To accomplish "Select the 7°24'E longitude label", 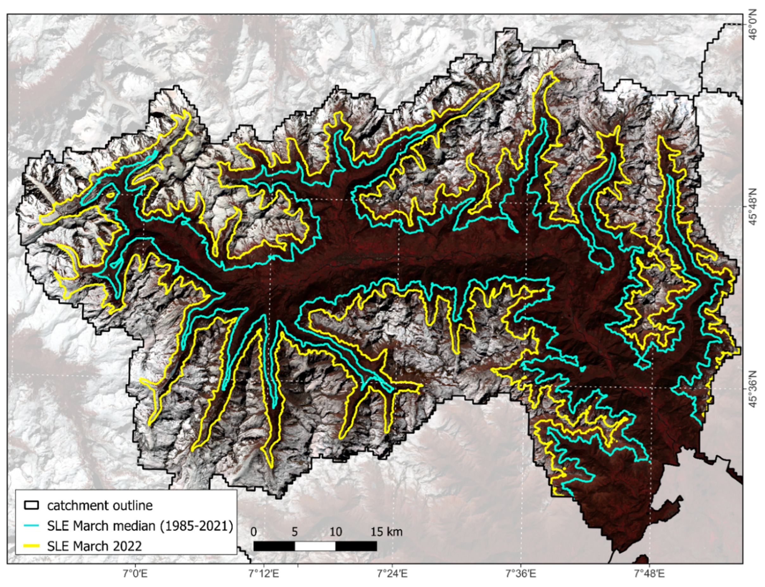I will (x=392, y=574).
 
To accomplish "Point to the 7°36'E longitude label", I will (x=521, y=574).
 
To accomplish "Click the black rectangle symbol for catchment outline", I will (x=31, y=505).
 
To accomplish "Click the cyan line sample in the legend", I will (x=31, y=526).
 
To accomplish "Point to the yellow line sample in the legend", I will (x=31, y=546).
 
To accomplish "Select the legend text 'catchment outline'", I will (x=100, y=506).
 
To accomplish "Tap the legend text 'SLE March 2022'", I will (x=94, y=546).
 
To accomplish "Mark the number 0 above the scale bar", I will (x=254, y=532).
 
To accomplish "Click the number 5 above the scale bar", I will (x=294, y=532).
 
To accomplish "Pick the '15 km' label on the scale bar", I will (x=386, y=532).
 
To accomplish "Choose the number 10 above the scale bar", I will (x=336, y=532).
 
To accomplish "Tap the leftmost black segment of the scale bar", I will (x=274, y=546).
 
